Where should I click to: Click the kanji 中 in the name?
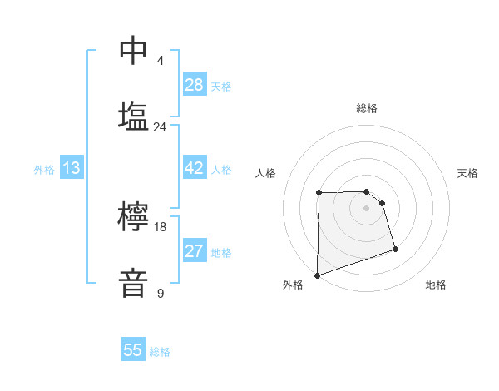point(134,51)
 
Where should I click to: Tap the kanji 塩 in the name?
point(134,116)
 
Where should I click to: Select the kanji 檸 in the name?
point(134,217)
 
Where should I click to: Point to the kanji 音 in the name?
point(134,282)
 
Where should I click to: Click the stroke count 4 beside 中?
point(161,61)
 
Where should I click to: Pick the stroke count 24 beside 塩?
point(160,127)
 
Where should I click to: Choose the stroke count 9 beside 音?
point(161,293)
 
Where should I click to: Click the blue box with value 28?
point(194,84)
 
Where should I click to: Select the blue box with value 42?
point(194,168)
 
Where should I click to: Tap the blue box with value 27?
point(194,251)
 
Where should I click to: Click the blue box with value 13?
point(72,168)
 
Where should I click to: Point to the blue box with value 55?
point(133,350)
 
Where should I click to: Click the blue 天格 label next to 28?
point(221,86)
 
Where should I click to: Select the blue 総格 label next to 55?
point(160,352)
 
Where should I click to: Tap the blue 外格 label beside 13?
point(44,170)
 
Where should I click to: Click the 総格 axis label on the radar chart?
point(367,108)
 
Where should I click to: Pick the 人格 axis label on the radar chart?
point(265,173)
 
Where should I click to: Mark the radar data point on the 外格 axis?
point(317,275)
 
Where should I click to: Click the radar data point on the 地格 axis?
point(395,249)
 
